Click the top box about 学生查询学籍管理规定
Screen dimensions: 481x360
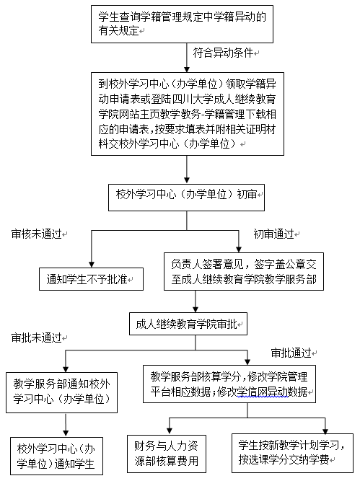pyautogui.click(x=186, y=22)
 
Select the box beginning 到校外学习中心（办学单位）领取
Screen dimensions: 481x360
pyautogui.click(x=186, y=112)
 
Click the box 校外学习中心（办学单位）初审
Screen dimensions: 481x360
pyautogui.click(x=186, y=195)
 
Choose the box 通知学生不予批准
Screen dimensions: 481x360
pyautogui.click(x=90, y=278)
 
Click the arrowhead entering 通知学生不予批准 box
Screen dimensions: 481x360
pyautogui.click(x=90, y=264)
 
